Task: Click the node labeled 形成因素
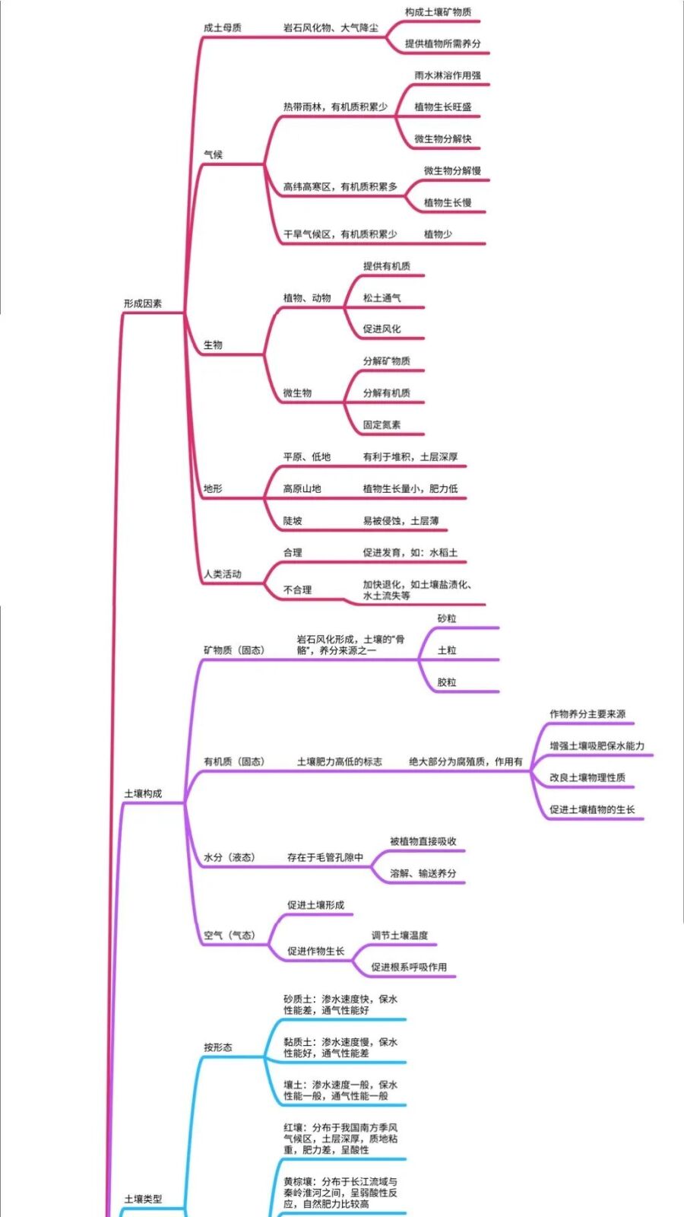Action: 143,303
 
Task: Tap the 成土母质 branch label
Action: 222,28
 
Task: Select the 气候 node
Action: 213,155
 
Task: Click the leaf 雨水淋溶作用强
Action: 447,76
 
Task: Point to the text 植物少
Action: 438,234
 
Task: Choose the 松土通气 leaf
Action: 382,298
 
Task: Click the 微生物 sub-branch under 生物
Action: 297,393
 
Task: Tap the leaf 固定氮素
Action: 382,425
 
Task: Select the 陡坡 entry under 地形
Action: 293,521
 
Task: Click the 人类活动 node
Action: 222,574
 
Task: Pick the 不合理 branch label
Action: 297,590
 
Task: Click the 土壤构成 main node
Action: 143,794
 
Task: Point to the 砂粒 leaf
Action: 447,619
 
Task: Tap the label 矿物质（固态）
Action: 234,650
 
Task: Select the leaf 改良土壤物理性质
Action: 587,778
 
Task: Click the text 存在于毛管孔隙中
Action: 325,858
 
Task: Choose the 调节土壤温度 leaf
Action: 400,936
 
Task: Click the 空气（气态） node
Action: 230,936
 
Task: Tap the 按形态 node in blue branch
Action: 217,1047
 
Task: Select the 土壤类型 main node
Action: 143,1200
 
